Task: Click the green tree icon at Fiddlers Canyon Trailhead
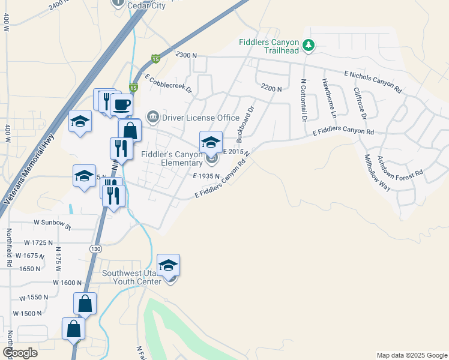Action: (309, 45)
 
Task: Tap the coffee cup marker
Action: (122, 105)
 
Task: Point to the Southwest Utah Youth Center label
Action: (131, 277)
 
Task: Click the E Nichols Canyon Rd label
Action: (372, 80)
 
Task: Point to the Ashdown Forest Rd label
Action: (400, 165)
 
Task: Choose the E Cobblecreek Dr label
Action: (167, 84)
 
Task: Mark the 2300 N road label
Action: (187, 55)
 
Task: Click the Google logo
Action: (19, 353)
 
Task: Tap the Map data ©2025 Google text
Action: (411, 355)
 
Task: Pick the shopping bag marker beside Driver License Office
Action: (130, 130)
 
